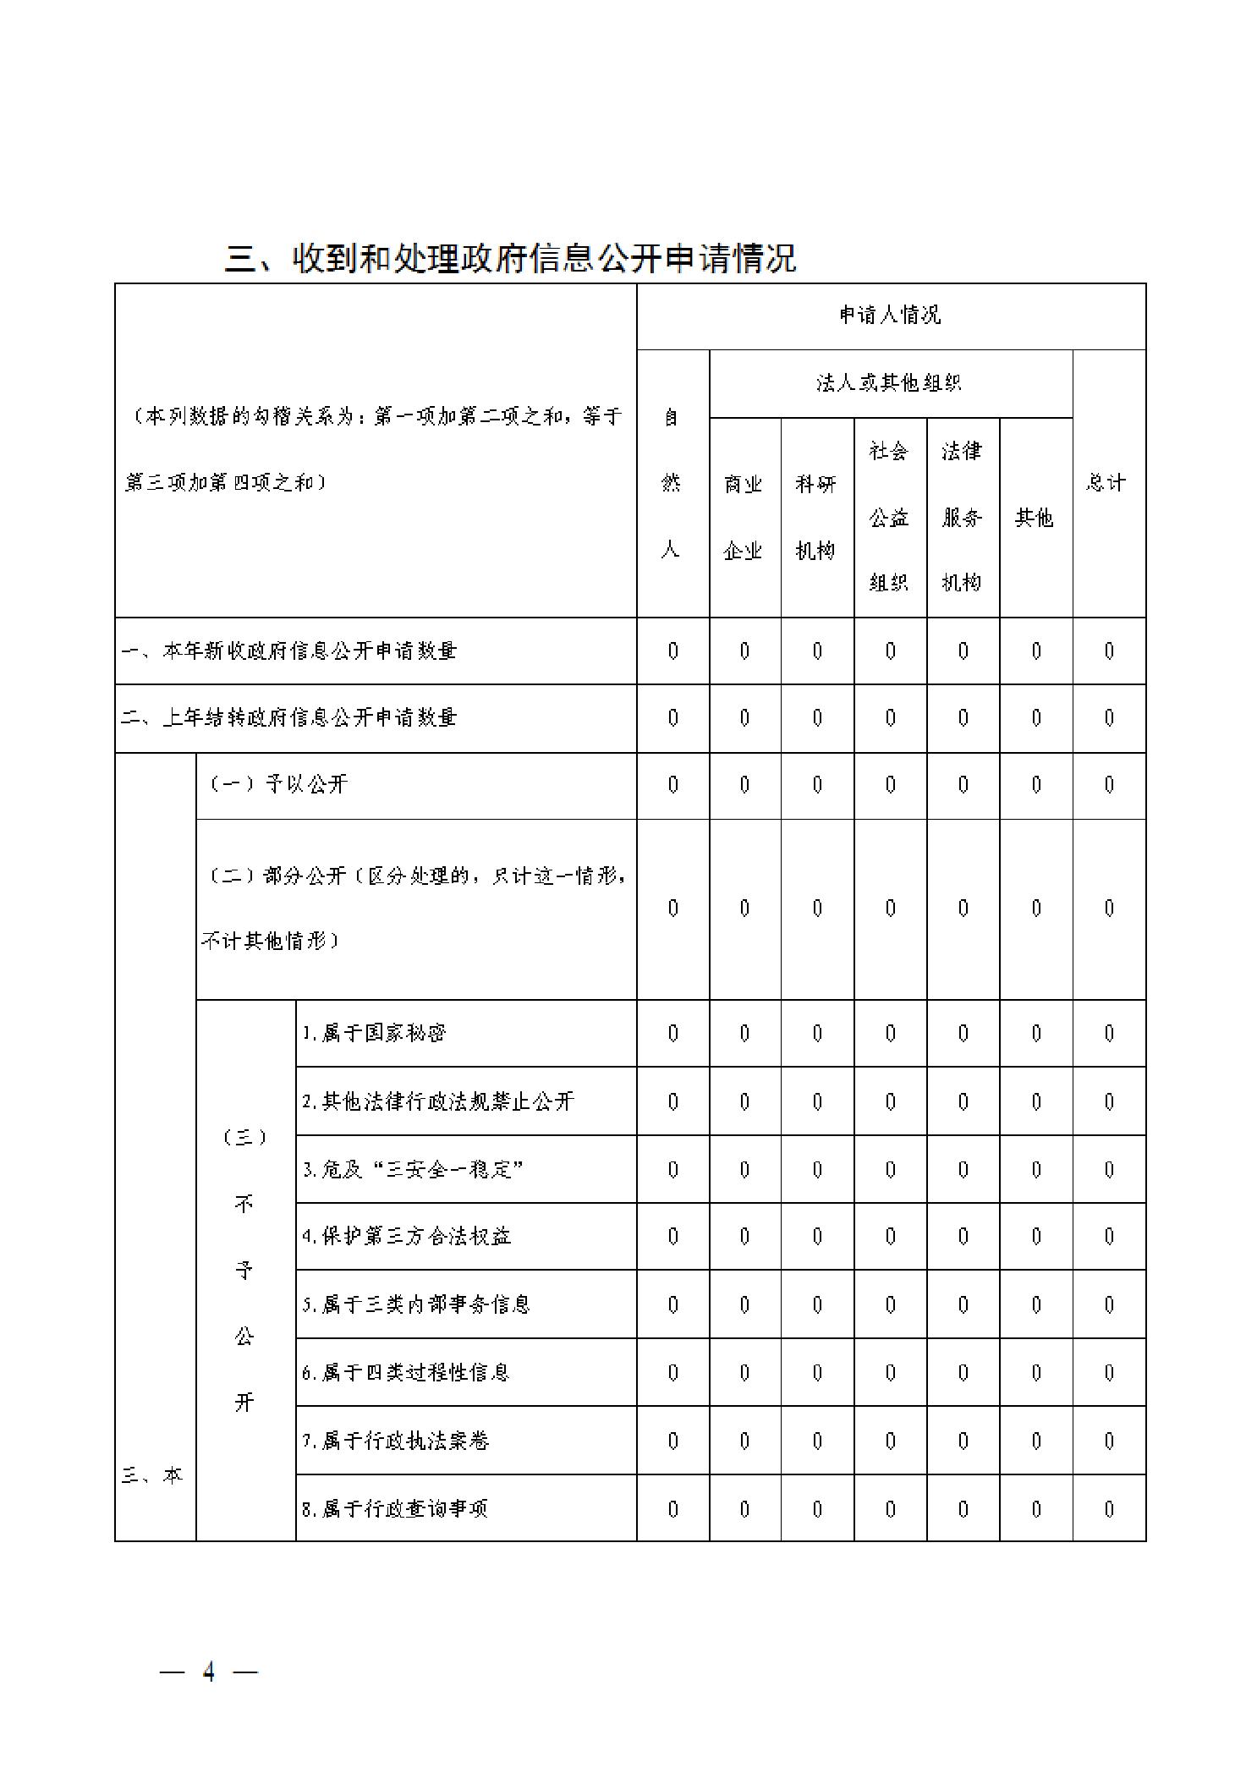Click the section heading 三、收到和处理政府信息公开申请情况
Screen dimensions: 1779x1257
click(510, 258)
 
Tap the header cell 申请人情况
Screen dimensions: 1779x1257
click(890, 316)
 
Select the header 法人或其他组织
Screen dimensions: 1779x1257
click(890, 383)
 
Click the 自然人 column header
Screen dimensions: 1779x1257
click(672, 483)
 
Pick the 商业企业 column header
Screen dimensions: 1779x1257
click(744, 517)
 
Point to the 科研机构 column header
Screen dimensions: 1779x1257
click(816, 517)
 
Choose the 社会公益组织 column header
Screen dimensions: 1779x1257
click(889, 517)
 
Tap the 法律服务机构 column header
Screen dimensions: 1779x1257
click(963, 517)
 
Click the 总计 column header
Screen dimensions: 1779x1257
click(1107, 483)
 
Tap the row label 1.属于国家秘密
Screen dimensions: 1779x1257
click(375, 1033)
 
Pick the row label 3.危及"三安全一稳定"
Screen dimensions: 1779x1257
click(413, 1169)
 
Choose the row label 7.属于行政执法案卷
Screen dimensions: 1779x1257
click(396, 1440)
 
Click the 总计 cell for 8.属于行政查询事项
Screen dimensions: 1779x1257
click(1108, 1508)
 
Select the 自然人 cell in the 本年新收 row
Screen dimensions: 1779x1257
click(672, 651)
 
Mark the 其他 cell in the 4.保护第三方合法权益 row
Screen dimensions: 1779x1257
click(1035, 1236)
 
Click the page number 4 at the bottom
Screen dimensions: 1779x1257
click(208, 1672)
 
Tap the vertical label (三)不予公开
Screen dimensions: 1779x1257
click(244, 1269)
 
